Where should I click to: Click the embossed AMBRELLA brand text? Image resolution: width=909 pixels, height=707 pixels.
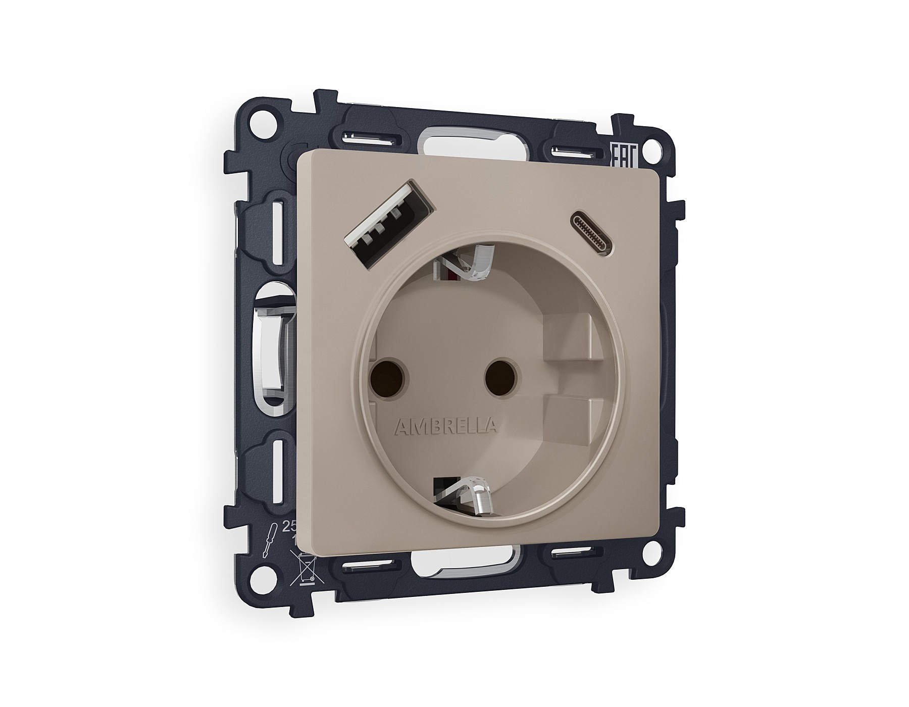click(445, 427)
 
